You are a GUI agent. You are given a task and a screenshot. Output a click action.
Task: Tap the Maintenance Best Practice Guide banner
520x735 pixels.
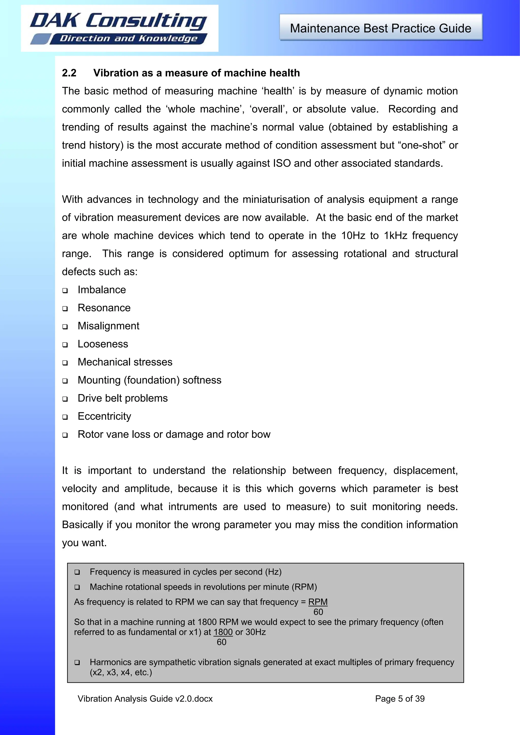pyautogui.click(x=381, y=28)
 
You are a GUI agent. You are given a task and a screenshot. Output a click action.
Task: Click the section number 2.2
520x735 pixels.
pyautogui.click(x=69, y=73)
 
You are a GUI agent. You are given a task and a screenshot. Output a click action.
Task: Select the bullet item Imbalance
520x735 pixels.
pyautogui.click(x=102, y=290)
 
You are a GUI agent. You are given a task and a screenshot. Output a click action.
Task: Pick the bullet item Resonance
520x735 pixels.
pyautogui.click(x=104, y=308)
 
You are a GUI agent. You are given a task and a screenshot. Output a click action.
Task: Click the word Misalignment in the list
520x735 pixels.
pyautogui.click(x=108, y=326)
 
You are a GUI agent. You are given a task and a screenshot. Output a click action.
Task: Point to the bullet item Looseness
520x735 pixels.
pyautogui.click(x=103, y=344)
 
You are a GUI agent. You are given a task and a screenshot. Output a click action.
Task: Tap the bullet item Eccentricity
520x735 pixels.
pyautogui.click(x=104, y=416)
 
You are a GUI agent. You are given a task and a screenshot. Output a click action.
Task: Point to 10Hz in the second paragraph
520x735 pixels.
pyautogui.click(x=353, y=236)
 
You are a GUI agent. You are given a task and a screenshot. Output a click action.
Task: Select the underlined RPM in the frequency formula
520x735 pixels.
pyautogui.click(x=318, y=602)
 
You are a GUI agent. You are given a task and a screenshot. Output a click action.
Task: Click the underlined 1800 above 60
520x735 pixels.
pyautogui.click(x=223, y=632)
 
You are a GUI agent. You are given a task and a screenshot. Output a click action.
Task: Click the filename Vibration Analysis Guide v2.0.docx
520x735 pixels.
pyautogui.click(x=145, y=699)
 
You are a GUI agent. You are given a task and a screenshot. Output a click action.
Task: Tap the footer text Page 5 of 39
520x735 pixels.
pyautogui.click(x=400, y=699)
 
